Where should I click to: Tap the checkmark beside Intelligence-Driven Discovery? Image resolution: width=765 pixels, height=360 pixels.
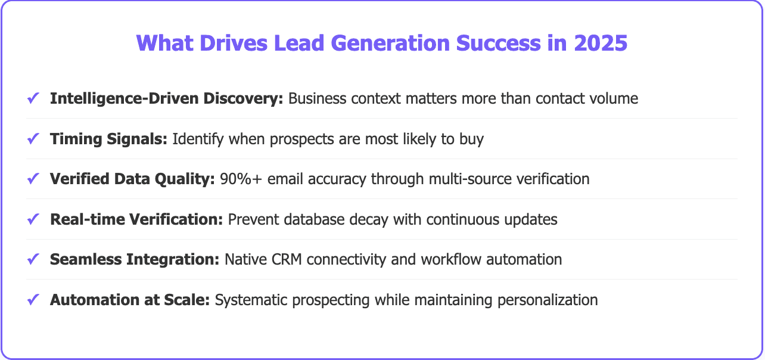coord(33,98)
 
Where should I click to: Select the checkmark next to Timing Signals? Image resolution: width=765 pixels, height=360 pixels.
coord(33,139)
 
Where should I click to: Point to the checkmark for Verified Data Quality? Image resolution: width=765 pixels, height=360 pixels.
coord(33,179)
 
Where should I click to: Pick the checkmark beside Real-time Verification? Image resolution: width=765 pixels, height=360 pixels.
coord(33,219)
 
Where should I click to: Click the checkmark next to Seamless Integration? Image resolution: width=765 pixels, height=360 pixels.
coord(33,259)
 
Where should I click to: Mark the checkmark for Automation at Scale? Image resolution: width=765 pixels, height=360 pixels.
coord(33,300)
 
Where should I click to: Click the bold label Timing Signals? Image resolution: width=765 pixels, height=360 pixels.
coord(109,139)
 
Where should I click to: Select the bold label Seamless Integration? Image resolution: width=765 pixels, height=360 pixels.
coord(135,259)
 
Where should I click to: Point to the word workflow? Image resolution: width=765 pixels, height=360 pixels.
coord(443,259)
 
